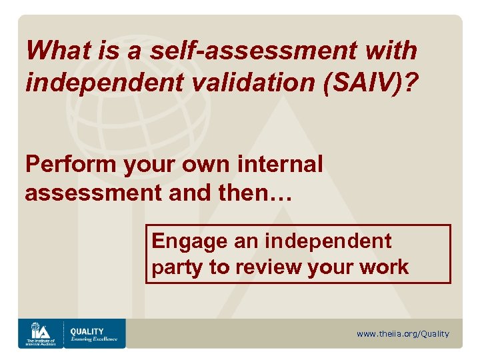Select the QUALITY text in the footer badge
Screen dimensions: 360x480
tap(87, 331)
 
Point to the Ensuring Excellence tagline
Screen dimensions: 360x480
tap(94, 339)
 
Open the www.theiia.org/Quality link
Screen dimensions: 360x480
tap(403, 334)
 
